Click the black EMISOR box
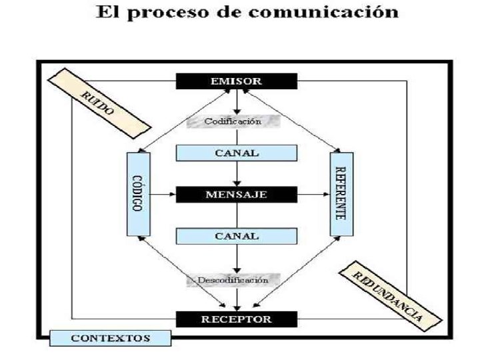[x=237, y=81]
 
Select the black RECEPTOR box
[x=237, y=319]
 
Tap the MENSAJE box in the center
[x=237, y=195]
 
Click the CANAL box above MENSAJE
[x=237, y=153]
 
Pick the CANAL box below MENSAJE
[x=237, y=236]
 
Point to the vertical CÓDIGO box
[x=137, y=193]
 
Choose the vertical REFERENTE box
[x=342, y=193]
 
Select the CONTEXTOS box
[x=111, y=338]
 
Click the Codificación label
[x=232, y=121]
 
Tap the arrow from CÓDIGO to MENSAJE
[x=161, y=195]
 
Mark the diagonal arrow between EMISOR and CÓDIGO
[x=183, y=121]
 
